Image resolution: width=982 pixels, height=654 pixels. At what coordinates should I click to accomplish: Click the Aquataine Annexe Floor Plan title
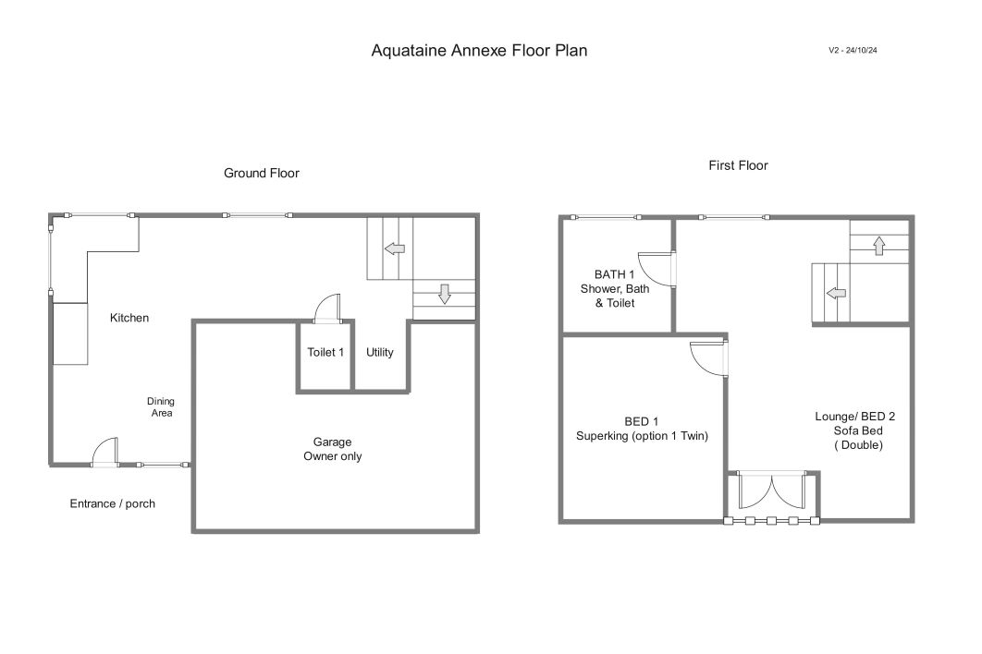tap(479, 51)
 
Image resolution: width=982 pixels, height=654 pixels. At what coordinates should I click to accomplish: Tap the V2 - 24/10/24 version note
tap(853, 50)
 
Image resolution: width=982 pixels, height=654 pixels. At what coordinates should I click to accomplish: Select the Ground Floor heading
tap(261, 173)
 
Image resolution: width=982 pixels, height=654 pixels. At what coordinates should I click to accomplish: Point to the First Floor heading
tap(738, 165)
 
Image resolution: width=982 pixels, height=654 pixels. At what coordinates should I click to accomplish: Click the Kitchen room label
tap(129, 317)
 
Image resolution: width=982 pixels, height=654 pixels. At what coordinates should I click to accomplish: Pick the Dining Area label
tap(161, 406)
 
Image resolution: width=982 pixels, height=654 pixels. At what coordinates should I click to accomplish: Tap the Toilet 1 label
tap(325, 352)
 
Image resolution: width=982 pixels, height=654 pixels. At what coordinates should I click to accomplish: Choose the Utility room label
tap(379, 352)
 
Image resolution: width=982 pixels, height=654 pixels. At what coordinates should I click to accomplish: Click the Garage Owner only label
tap(333, 449)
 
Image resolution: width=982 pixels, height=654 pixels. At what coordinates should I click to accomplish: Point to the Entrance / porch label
tap(112, 503)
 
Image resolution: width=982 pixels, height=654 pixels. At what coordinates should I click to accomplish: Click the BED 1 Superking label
tap(642, 429)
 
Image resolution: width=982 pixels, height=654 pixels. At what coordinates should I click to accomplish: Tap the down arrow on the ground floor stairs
tap(445, 294)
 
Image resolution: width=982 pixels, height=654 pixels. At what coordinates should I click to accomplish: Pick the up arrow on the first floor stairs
tap(879, 246)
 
